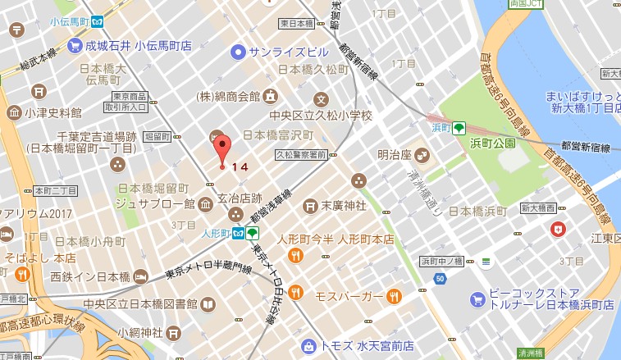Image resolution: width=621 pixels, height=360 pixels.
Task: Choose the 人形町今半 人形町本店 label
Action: [x=336, y=239]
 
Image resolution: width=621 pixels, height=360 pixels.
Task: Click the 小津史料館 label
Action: [x=53, y=112]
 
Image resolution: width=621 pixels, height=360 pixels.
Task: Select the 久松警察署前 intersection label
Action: [x=300, y=154]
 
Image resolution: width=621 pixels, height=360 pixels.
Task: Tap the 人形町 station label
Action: [x=216, y=233]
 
